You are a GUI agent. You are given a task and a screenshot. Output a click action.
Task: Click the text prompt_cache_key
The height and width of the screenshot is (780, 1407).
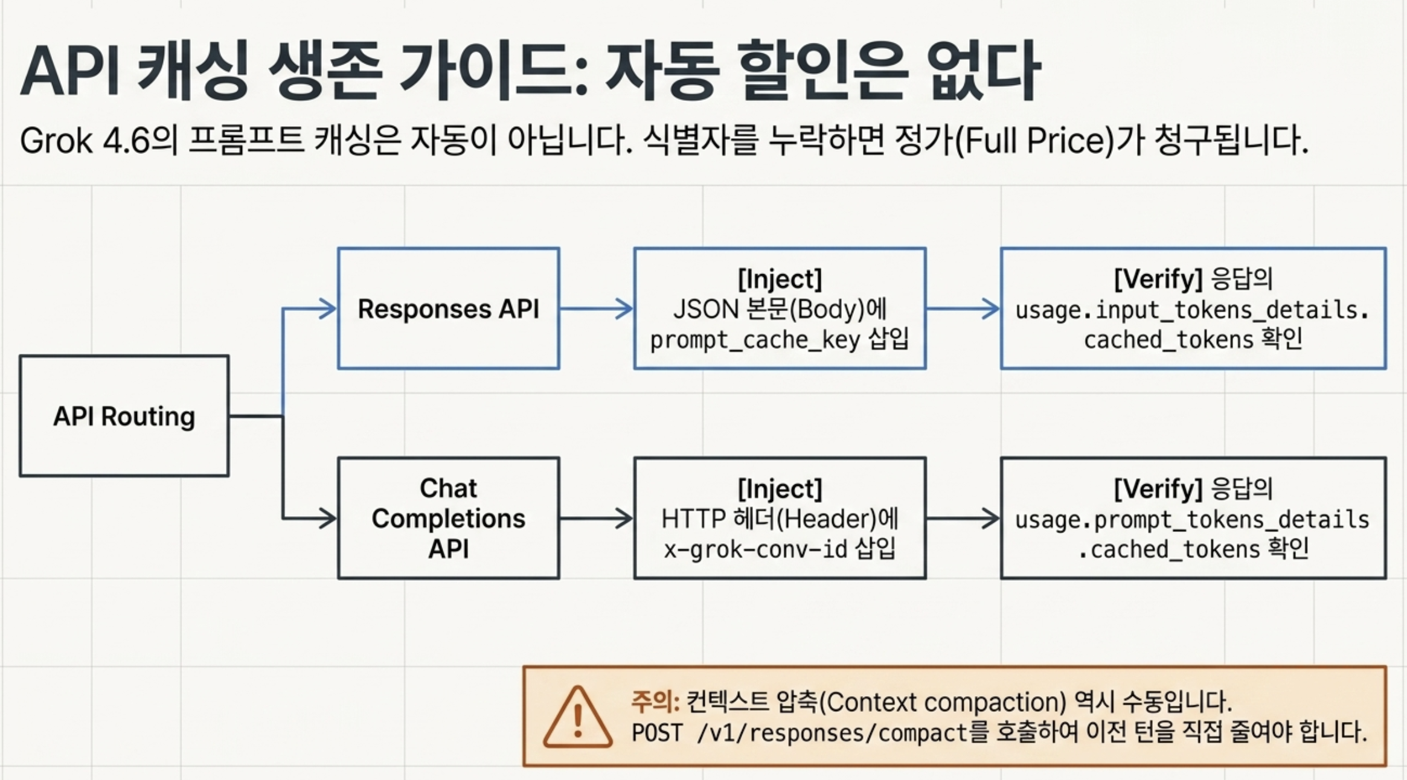(755, 340)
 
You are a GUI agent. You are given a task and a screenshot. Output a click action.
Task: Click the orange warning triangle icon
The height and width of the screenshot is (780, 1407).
(577, 717)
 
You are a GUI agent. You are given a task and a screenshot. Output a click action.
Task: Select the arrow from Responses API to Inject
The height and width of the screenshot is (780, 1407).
(597, 309)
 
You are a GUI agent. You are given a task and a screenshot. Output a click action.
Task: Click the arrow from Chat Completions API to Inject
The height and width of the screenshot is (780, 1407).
(597, 519)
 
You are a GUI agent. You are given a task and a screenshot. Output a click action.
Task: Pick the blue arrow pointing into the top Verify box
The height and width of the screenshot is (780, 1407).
(963, 309)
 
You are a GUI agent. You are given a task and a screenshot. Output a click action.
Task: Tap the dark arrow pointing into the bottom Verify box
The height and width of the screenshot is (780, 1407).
(963, 519)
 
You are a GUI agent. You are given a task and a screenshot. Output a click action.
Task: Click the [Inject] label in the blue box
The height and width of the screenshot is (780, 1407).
(780, 279)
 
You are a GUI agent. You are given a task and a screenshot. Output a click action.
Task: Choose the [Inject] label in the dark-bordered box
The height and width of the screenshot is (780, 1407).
(780, 488)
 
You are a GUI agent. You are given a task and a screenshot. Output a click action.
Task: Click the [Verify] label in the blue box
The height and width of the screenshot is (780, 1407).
(1158, 279)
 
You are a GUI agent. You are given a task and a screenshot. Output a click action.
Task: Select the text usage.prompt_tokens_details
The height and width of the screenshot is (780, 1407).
(1192, 520)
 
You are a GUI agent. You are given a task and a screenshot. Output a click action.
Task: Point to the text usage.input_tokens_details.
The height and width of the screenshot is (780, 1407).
(1192, 310)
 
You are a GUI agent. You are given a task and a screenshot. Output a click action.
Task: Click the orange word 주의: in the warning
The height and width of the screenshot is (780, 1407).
(656, 702)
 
